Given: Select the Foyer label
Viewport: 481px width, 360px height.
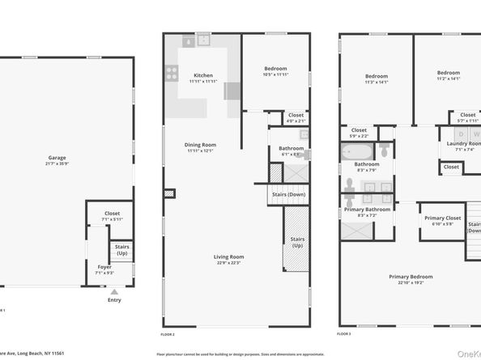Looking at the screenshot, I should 104,269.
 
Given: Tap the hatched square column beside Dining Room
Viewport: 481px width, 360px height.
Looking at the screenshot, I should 169,193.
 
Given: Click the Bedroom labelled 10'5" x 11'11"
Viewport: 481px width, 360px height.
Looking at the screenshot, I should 275,72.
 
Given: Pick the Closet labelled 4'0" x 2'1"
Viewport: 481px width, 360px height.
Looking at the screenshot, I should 296,118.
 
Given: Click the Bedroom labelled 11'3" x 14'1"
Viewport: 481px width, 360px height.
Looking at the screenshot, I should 377,78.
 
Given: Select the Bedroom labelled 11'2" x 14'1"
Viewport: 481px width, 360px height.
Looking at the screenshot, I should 448,75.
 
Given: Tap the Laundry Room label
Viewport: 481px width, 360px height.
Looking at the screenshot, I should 463,146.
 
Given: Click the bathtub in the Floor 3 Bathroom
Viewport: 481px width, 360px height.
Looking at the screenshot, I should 357,151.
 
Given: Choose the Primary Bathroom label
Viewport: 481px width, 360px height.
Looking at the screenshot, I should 367,212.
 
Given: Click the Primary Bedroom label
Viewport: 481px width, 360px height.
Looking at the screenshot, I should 410,280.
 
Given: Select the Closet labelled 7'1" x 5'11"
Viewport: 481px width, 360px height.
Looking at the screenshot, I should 112,216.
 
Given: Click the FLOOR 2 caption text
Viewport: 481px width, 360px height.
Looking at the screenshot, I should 168,334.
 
